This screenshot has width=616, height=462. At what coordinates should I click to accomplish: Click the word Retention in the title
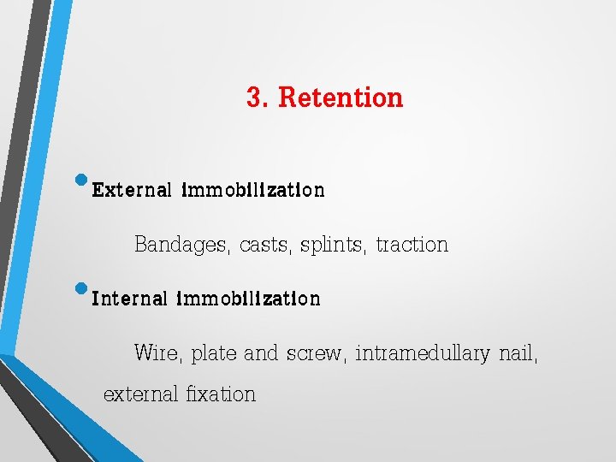click(x=341, y=98)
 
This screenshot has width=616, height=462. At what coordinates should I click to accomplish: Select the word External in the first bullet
click(x=131, y=190)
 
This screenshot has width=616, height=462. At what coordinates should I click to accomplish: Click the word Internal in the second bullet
click(x=129, y=299)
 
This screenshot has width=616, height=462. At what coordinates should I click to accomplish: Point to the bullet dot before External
click(x=82, y=180)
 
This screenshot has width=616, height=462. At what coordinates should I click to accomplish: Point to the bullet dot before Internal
click(x=82, y=289)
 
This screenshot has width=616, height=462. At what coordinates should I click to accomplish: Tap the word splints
click(x=335, y=246)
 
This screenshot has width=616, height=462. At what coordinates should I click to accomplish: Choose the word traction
click(x=412, y=246)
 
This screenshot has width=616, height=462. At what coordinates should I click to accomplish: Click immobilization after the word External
click(x=252, y=190)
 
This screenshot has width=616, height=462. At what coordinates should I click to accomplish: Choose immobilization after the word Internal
click(x=248, y=299)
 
